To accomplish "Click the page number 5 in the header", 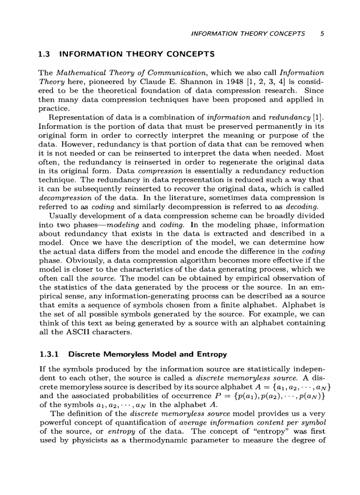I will [x=322, y=33].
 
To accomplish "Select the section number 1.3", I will [x=44, y=55].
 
